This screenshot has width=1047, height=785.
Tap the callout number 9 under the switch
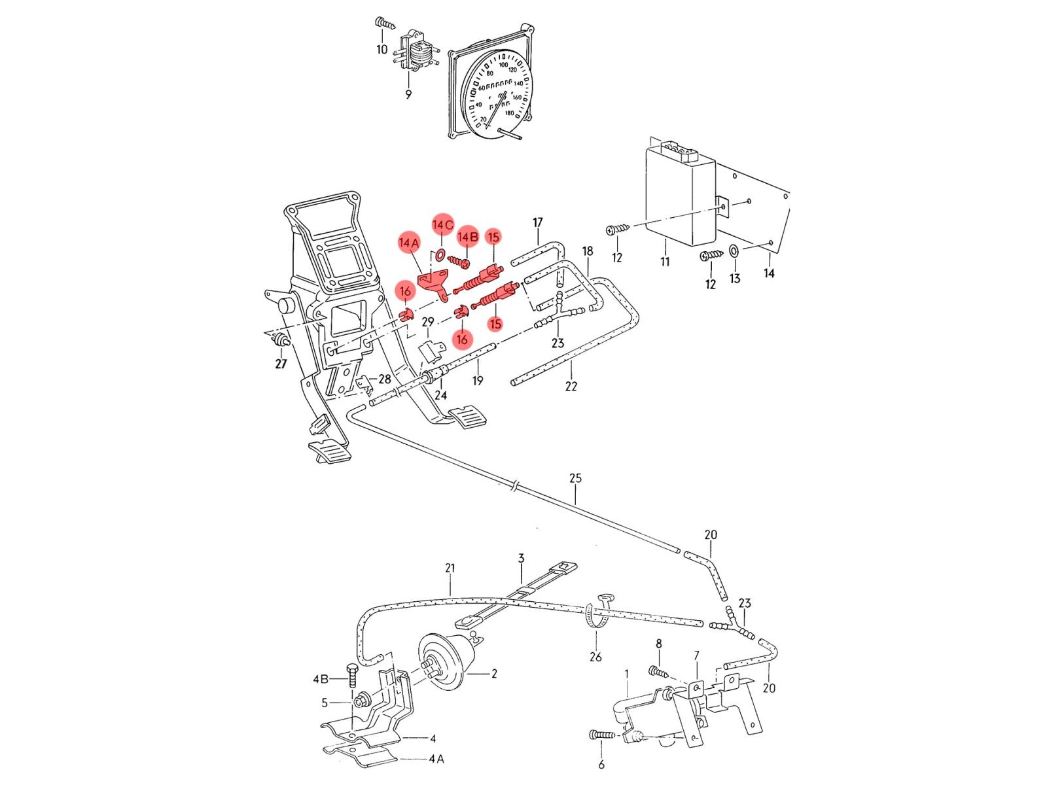(408, 94)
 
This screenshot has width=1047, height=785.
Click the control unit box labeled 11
(681, 196)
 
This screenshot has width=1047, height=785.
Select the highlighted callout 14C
(442, 225)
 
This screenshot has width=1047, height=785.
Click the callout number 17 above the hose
(538, 223)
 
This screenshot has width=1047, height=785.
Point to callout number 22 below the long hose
(571, 387)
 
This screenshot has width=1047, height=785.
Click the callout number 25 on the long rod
(575, 478)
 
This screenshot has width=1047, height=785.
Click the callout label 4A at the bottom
(436, 759)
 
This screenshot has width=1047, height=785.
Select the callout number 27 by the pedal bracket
(281, 364)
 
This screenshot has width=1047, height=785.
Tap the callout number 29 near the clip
(427, 322)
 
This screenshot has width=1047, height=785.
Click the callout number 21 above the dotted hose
(450, 568)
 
